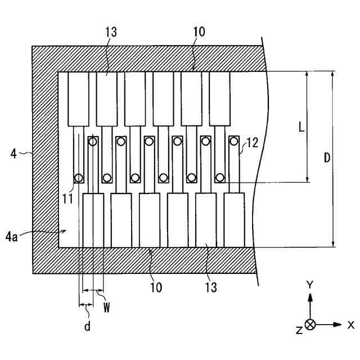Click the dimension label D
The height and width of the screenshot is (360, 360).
(327, 157)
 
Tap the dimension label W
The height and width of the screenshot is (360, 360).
(107, 307)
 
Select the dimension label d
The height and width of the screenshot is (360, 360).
(87, 326)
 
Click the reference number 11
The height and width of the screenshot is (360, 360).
(68, 199)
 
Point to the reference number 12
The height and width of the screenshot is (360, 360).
(252, 142)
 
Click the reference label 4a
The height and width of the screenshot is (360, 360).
(11, 237)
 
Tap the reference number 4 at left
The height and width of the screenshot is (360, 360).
(13, 154)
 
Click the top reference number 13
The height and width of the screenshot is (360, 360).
(111, 32)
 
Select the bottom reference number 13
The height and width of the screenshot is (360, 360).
(211, 287)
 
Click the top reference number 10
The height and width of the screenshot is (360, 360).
(199, 32)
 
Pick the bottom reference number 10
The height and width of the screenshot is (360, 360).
(156, 287)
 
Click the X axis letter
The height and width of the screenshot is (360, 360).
(351, 325)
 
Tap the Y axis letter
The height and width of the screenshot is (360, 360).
(310, 285)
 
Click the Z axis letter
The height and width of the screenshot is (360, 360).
(299, 331)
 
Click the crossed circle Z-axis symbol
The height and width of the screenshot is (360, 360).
(310, 325)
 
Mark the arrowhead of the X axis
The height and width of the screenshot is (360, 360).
(337, 325)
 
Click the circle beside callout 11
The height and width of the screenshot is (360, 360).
(79, 178)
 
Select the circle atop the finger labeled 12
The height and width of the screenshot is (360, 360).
(234, 141)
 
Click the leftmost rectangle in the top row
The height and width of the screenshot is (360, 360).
(78, 99)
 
